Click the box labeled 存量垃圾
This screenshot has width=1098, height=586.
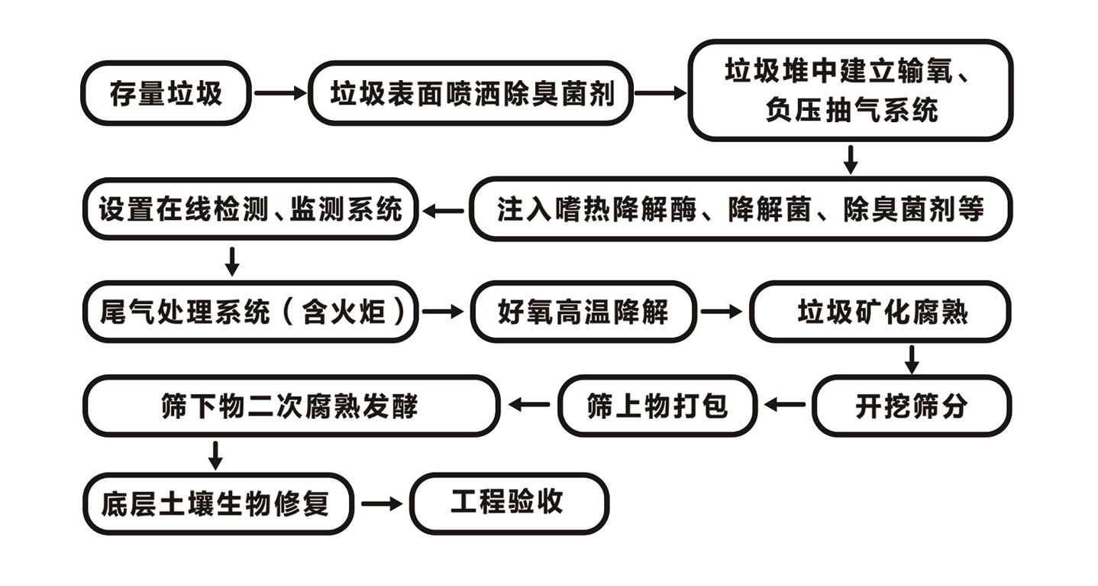pos(166,93)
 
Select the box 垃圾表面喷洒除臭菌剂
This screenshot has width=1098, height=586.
pos(471,93)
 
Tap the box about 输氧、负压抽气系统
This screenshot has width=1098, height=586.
pos(850,91)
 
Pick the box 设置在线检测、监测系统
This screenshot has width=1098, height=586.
pos(250,209)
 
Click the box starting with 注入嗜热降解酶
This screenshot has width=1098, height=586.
pos(740,209)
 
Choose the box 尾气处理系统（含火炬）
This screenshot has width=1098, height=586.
pos(250,312)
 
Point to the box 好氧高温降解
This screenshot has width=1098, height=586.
pos(583,312)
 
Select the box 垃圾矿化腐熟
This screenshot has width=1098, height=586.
pos(880,312)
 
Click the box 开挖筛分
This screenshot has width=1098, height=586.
pos(911,406)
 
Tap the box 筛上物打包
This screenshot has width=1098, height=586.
pos(657,406)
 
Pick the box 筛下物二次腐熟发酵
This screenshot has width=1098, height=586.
pos(291,406)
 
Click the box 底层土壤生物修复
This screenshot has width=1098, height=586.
pos(218,504)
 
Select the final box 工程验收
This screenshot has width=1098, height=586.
pos(509,503)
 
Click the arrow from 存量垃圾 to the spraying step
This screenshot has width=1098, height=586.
pos(279,93)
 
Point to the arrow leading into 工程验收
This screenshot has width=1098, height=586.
pos(381,504)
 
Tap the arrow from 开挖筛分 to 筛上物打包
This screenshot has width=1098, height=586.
pos(785,405)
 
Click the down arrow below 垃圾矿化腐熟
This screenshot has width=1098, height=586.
pos(911,358)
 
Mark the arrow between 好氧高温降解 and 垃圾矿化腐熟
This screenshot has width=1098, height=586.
pos(722,312)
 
